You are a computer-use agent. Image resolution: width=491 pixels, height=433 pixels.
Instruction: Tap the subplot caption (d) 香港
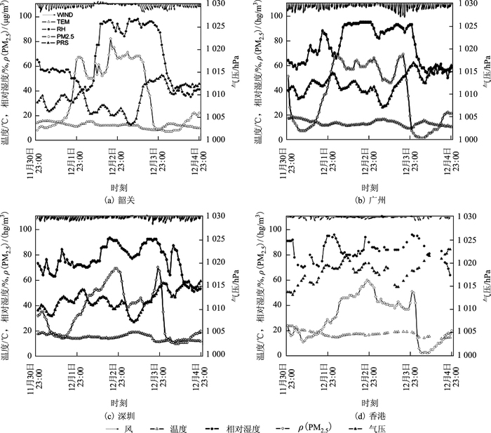(369, 415)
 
